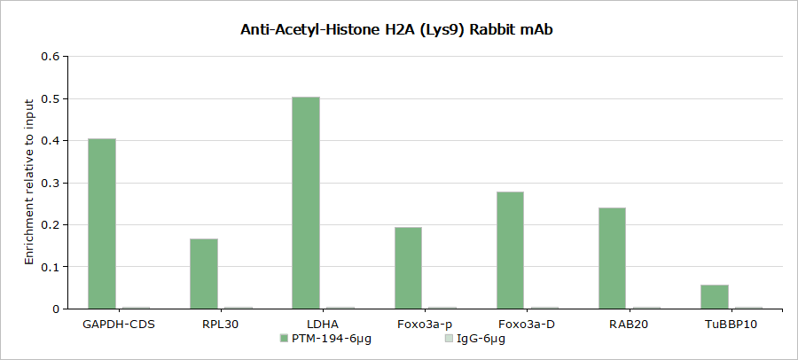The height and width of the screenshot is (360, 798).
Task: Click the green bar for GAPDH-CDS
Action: (102, 223)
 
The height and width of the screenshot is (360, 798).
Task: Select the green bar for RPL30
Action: (204, 273)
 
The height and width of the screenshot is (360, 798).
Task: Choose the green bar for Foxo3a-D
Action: (510, 250)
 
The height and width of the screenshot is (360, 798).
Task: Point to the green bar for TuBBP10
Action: (714, 296)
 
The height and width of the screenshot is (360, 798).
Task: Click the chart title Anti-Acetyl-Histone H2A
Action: (398, 29)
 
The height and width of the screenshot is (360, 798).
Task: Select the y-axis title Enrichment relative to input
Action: (29, 183)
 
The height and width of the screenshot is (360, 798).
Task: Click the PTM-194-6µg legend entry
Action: (325, 339)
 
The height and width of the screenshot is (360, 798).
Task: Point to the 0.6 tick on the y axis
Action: (51, 57)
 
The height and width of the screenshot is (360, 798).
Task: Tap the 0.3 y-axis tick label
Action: (51, 183)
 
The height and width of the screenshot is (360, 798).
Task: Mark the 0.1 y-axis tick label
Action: (51, 267)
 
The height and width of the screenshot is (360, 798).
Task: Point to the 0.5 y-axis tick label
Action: (51, 98)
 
